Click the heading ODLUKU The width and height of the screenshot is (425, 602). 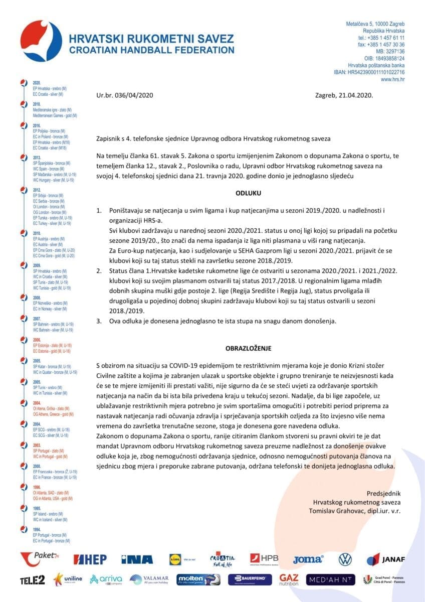pyautogui.click(x=249, y=193)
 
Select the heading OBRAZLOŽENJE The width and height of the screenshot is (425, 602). pyautogui.click(x=249, y=348)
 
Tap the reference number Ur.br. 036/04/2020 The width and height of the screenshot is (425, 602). pyautogui.click(x=125, y=94)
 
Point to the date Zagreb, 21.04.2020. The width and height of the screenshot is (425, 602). pyautogui.click(x=344, y=94)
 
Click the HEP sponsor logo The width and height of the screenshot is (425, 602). pyautogui.click(x=90, y=559)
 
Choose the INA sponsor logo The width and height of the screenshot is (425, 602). pyautogui.click(x=137, y=559)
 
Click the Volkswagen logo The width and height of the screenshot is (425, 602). pyautogui.click(x=345, y=559)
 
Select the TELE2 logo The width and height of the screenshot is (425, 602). pyautogui.click(x=33, y=580)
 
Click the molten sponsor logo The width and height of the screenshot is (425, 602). pyautogui.click(x=198, y=579)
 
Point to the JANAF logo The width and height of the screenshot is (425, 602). pyautogui.click(x=385, y=559)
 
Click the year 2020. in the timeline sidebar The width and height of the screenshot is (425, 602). pyautogui.click(x=37, y=82)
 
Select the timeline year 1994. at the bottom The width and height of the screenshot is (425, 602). pyautogui.click(x=37, y=529)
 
